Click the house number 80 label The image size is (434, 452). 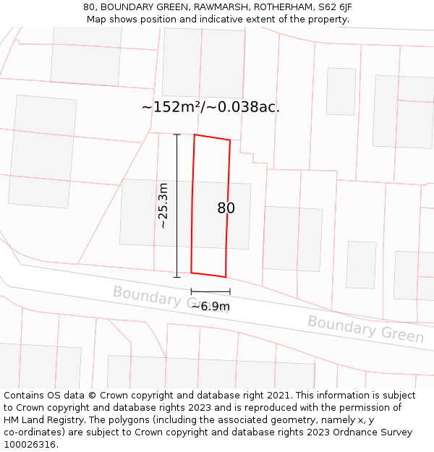(226, 208)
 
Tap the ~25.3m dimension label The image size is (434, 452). (163, 206)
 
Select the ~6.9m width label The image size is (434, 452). (210, 306)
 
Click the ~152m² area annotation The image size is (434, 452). (171, 107)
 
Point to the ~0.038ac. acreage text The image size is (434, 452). (244, 107)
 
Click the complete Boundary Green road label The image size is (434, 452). (365, 328)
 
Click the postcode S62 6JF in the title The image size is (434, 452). (335, 7)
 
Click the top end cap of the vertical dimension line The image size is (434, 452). (176, 135)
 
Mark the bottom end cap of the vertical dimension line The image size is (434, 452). (176, 277)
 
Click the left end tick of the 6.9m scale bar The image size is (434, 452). (192, 291)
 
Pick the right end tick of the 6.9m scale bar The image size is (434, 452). (230, 291)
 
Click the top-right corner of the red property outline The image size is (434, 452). (230, 140)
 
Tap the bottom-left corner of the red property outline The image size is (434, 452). (191, 273)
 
